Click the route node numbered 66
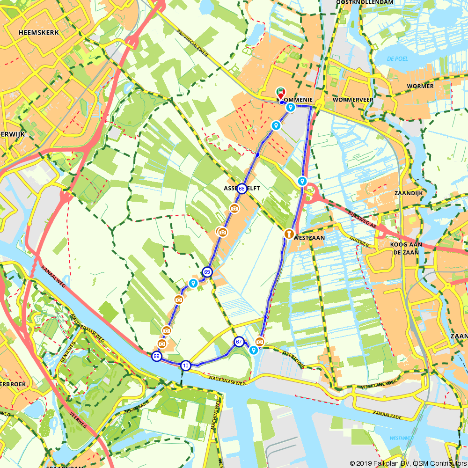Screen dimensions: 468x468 pyautogui.click(x=241, y=189)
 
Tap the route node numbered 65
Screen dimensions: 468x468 pyautogui.click(x=207, y=272)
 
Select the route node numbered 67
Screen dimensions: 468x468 pyautogui.click(x=239, y=342)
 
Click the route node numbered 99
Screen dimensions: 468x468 pyautogui.click(x=156, y=357)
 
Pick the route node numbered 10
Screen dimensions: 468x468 pyautogui.click(x=186, y=366)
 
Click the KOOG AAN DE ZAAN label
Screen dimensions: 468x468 pyautogui.click(x=406, y=248)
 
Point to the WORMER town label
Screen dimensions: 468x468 pyautogui.click(x=420, y=86)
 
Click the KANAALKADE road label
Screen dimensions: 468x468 pyautogui.click(x=388, y=415)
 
